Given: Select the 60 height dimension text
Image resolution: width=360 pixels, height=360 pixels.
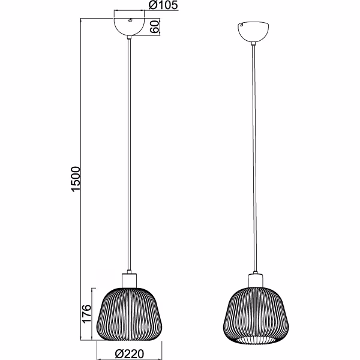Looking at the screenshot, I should [154, 27].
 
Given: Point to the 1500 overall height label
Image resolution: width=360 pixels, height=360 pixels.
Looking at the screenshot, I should [75, 179].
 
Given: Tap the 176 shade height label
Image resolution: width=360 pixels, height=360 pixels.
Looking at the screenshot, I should [86, 313].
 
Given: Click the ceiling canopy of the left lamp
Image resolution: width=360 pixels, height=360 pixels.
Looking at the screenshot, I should [129, 26].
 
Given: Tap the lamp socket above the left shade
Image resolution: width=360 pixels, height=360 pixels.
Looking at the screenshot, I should [130, 280].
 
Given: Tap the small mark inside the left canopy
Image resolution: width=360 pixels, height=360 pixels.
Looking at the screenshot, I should [130, 21].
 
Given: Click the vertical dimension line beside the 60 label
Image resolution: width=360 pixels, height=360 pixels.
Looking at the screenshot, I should [161, 27].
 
